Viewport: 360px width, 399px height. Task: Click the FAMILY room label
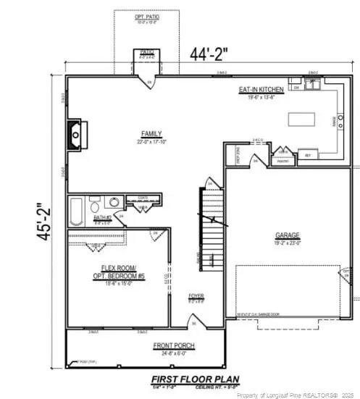151,133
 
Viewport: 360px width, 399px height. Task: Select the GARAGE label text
288,235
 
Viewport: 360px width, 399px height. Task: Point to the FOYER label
196,295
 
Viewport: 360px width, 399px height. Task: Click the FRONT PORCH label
173,346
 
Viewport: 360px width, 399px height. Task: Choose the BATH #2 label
101,217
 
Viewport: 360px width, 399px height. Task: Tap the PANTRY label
283,161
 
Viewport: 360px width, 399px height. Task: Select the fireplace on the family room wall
76,134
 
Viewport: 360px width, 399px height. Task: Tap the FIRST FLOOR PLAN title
191,379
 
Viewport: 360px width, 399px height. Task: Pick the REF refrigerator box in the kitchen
307,155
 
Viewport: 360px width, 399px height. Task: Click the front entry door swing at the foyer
194,323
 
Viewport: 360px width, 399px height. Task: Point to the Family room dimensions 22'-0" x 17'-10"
151,140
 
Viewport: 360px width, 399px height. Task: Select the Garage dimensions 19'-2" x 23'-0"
288,243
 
